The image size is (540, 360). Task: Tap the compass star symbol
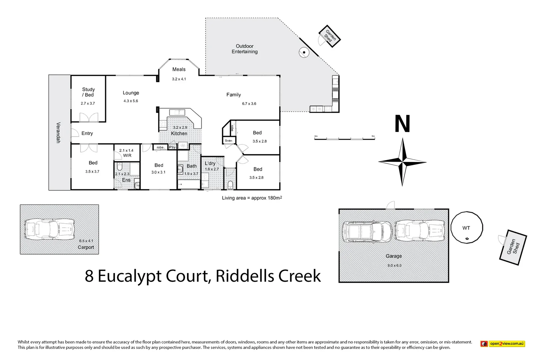(403, 162)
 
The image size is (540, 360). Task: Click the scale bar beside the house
(345, 138)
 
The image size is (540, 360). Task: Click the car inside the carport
(49, 229)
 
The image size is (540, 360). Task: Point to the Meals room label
(179, 69)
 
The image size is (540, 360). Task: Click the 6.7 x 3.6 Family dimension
(249, 104)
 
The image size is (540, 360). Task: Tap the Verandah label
(58, 133)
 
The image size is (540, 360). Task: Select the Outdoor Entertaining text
(245, 49)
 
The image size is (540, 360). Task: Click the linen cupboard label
(228, 141)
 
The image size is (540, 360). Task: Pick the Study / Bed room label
(88, 92)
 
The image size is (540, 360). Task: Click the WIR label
(127, 155)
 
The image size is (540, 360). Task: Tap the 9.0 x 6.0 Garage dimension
(394, 265)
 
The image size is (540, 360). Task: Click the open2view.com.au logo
(503, 343)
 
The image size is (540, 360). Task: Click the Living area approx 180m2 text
(252, 198)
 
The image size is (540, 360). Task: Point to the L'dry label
(210, 163)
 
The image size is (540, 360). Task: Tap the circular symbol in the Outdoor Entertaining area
(304, 52)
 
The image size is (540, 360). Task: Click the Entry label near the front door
(87, 133)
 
